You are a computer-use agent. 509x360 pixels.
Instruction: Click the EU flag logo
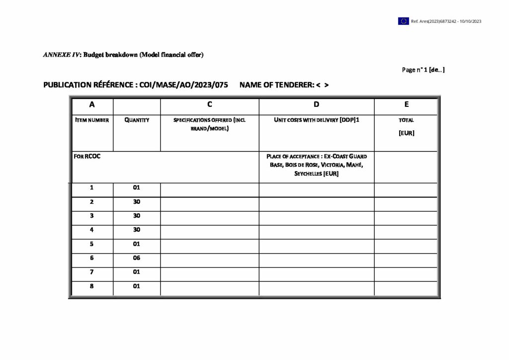point(403,21)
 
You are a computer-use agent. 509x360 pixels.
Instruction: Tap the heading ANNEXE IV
point(62,55)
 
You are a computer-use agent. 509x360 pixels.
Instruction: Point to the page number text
point(423,70)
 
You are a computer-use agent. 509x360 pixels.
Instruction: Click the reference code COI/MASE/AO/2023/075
point(183,85)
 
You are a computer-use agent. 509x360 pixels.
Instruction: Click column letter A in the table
point(92,104)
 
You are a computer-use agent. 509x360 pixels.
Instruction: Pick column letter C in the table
point(209,104)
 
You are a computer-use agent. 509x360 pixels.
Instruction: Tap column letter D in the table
point(317,104)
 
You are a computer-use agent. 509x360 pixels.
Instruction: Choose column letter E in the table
point(406,104)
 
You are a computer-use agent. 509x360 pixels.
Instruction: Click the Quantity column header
point(137,120)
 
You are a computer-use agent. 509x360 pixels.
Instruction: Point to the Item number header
point(92,120)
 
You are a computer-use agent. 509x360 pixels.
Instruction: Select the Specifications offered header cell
point(209,124)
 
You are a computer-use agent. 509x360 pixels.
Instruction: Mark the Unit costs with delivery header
point(317,120)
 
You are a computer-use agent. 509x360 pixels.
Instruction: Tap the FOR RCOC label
point(87,156)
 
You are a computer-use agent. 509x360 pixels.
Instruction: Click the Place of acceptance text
point(317,165)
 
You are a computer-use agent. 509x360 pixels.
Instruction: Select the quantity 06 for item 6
point(137,258)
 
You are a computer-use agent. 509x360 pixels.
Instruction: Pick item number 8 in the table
point(91,286)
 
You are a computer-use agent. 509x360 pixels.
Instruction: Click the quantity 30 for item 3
point(137,216)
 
